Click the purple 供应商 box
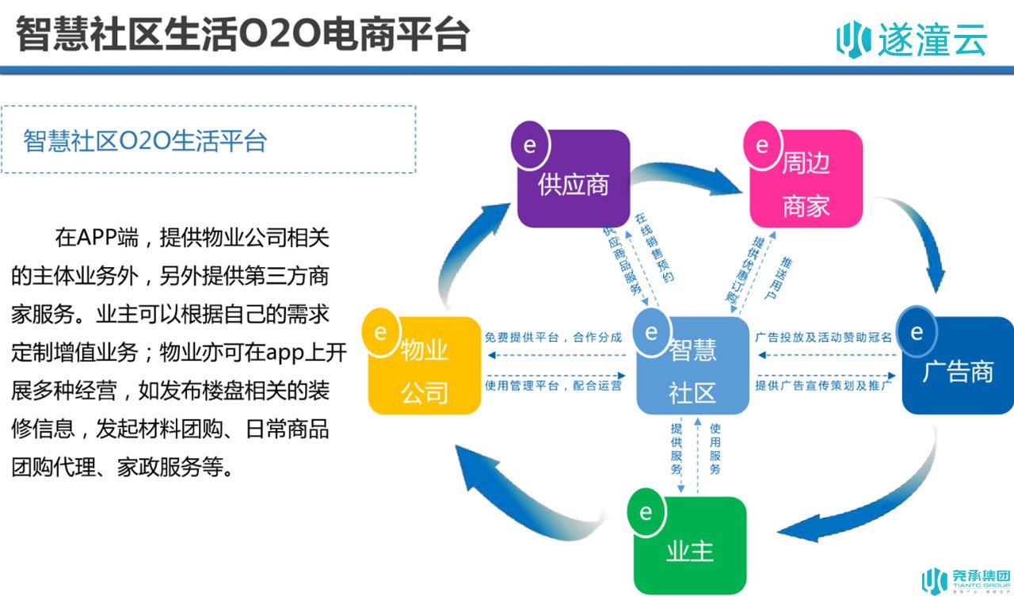(574, 178)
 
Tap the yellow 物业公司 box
(425, 365)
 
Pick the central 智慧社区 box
(692, 365)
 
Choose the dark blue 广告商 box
(958, 365)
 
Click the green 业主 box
(690, 545)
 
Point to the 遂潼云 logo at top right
(911, 40)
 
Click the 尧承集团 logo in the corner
(966, 580)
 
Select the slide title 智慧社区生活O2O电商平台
(242, 34)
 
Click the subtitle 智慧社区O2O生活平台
(145, 140)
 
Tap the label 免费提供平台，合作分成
(553, 338)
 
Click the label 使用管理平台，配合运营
(553, 385)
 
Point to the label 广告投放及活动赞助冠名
(823, 338)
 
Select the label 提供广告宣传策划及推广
(823, 385)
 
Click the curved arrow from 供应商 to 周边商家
(686, 176)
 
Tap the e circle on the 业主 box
(646, 513)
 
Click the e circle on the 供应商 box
(530, 145)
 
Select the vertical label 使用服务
(715, 449)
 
